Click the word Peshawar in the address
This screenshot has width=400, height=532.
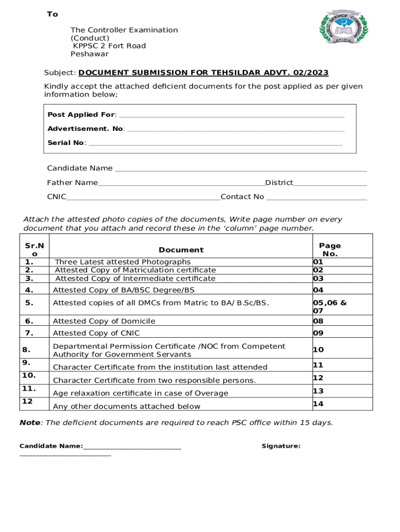(x=89, y=54)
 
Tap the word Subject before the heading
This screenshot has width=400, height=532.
(x=60, y=73)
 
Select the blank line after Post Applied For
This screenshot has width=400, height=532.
(x=232, y=115)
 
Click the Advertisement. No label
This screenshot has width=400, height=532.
(x=86, y=128)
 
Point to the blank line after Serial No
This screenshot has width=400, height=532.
(x=216, y=143)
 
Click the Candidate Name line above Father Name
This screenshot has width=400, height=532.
(x=241, y=169)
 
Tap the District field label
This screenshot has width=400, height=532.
(x=279, y=183)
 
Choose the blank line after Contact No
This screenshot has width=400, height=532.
(x=316, y=197)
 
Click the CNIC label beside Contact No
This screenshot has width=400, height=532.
(x=57, y=197)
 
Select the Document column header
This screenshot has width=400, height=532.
(x=181, y=250)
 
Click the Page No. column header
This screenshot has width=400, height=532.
(x=330, y=250)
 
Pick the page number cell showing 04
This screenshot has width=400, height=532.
(x=318, y=290)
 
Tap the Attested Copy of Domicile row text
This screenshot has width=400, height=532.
(x=104, y=321)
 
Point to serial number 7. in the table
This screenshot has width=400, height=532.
(x=29, y=333)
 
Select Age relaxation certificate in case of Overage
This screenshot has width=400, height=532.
(x=140, y=393)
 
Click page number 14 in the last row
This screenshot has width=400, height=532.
(x=318, y=404)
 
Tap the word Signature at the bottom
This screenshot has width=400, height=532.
(x=281, y=446)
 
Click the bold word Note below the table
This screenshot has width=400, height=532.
(x=30, y=423)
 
